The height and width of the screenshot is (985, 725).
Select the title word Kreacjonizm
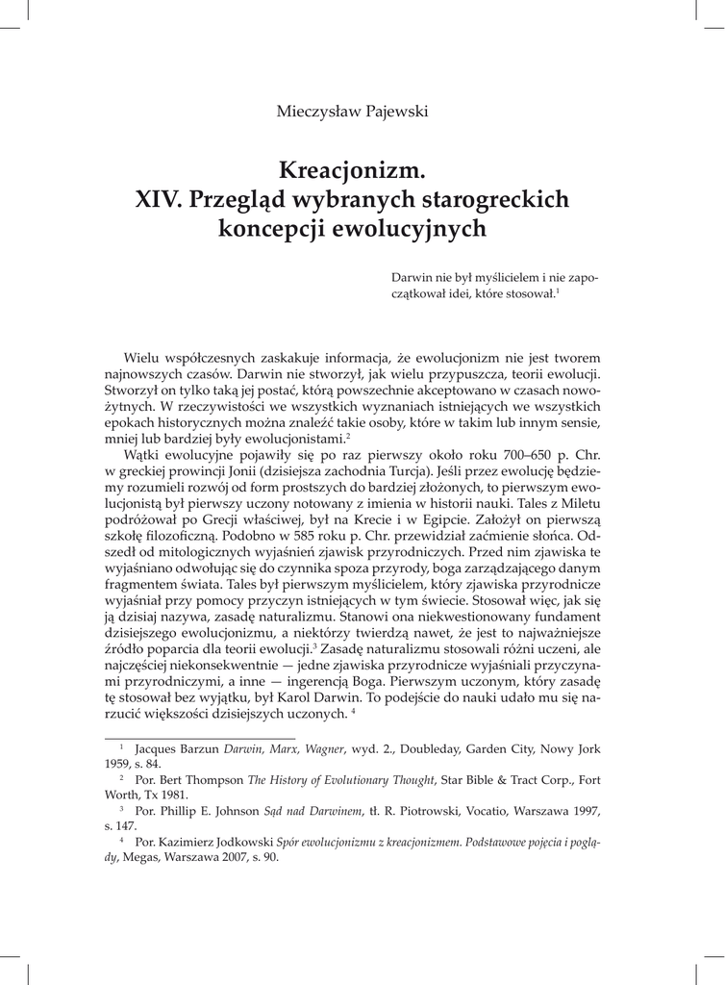click(x=351, y=170)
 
